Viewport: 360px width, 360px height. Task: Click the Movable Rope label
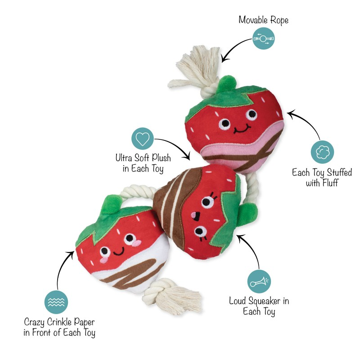263,20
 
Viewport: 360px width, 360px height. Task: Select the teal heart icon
142,139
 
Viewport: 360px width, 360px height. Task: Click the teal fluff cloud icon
323,151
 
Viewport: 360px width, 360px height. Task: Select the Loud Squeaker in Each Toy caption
259,306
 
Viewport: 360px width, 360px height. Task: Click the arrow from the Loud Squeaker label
250,250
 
